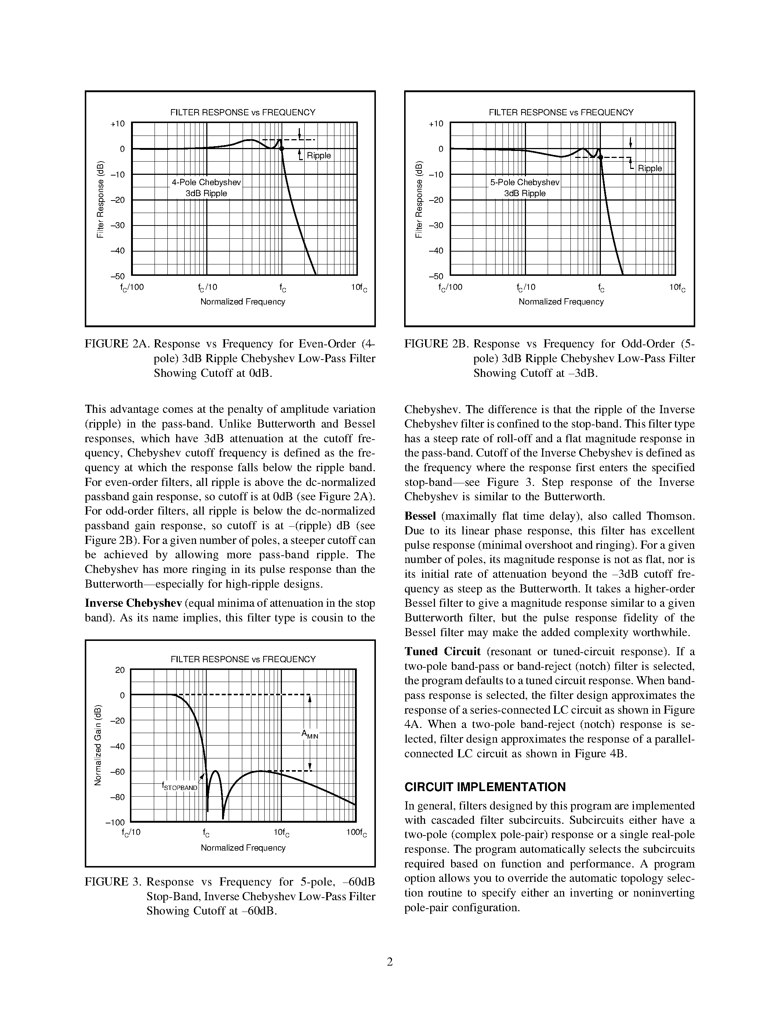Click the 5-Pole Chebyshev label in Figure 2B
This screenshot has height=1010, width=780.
[x=525, y=182]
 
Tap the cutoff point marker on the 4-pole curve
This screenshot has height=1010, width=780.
[x=282, y=148]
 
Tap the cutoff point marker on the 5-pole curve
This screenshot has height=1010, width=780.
[x=601, y=157]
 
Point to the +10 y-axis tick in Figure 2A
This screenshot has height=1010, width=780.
[x=117, y=123]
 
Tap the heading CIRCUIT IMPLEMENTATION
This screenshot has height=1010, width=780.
[x=485, y=787]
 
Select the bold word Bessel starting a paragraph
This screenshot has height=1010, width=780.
[x=420, y=516]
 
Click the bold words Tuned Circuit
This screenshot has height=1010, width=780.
[x=442, y=652]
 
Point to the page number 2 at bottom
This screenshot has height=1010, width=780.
[x=389, y=962]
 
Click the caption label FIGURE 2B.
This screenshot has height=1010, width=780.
[x=436, y=344]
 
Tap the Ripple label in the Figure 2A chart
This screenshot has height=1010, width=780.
[x=319, y=155]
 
